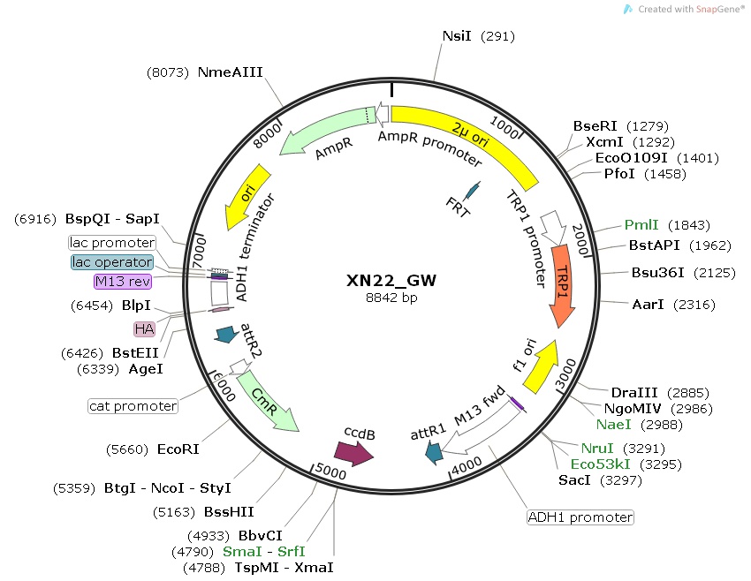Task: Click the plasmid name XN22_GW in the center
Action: pos(391,281)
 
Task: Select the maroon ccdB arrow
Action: pos(355,453)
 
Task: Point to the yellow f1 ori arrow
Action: pos(542,364)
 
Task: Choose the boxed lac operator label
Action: pos(112,262)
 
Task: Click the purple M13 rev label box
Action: pos(123,282)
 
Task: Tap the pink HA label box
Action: pos(143,328)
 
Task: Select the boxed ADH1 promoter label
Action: pos(580,517)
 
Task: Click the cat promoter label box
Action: pos(133,406)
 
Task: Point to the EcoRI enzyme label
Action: pos(178,449)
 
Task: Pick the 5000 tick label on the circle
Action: pos(329,472)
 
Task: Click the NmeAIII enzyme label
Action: pos(230,72)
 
